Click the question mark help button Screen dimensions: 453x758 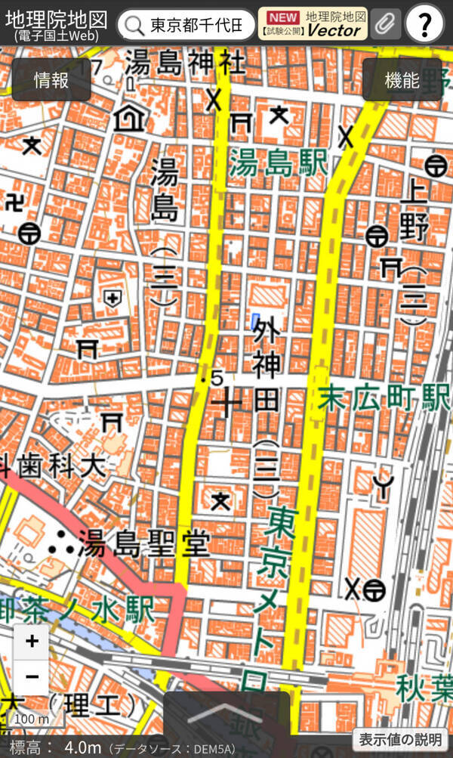pos(425,26)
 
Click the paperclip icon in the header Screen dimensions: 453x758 pos(386,24)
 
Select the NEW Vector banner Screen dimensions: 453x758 pos(313,24)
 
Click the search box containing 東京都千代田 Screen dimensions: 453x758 pos(186,25)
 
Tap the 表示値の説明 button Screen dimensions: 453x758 pos(400,739)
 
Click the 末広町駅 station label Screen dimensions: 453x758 pos(384,398)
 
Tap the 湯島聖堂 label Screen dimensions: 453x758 pos(144,544)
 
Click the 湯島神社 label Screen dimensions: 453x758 pos(185,62)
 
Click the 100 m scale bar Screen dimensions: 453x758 pos(31,719)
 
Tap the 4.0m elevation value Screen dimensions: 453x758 pos(82,747)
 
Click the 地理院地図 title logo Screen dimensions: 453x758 pos(56,24)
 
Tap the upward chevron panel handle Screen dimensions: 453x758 pos(226,715)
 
